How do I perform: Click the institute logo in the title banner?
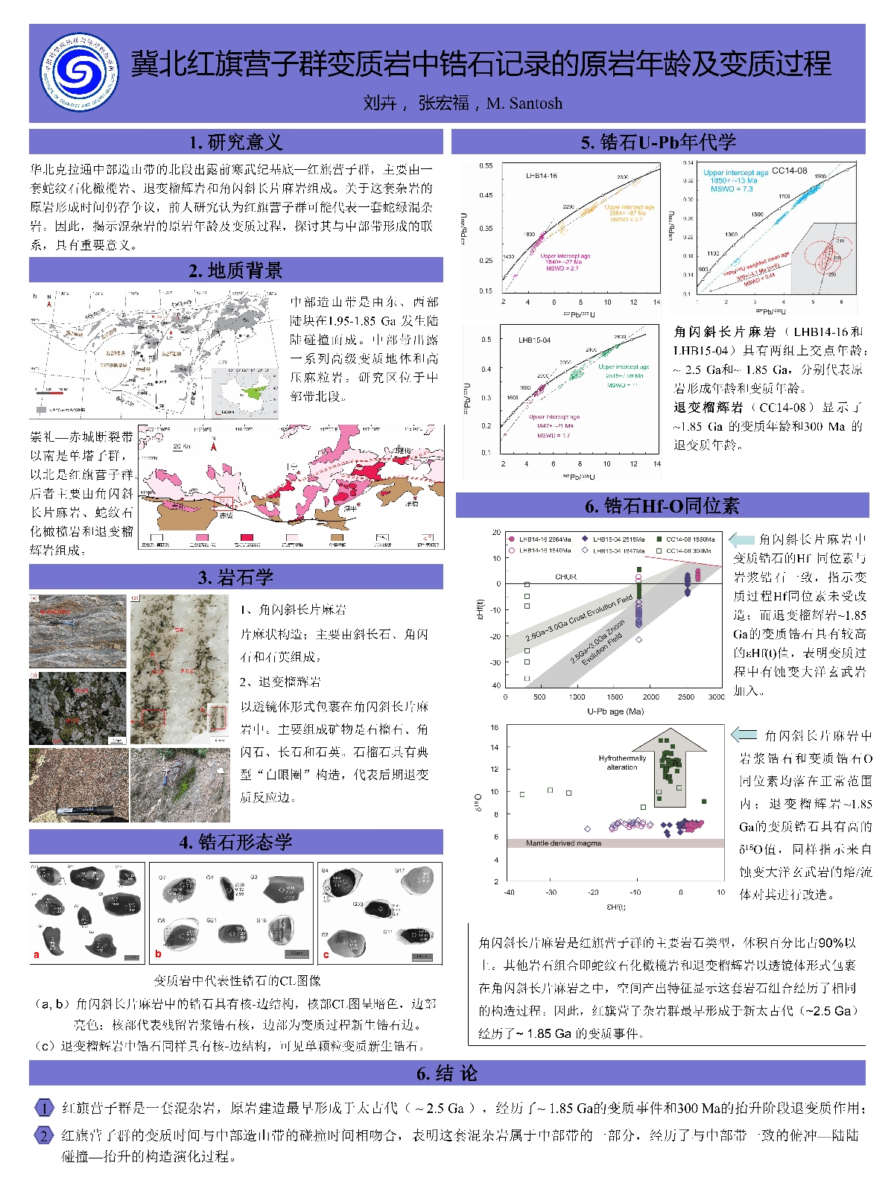point(79,72)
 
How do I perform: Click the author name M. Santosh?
point(524,104)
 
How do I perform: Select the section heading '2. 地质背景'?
point(235,270)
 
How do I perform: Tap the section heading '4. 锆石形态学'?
point(235,842)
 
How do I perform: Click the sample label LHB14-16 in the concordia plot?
point(541,176)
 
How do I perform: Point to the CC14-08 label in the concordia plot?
point(789,171)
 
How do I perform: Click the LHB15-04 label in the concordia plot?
point(534,340)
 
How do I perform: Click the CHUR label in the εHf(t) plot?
point(565,577)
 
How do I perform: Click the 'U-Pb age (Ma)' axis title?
point(615,711)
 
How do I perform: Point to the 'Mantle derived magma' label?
point(563,843)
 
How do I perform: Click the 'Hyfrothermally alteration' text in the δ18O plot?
point(622,762)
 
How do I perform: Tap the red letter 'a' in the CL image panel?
point(37,954)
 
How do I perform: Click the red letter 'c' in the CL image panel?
point(326,954)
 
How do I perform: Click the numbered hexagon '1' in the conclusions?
point(45,1108)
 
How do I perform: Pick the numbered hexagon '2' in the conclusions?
point(45,1135)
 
